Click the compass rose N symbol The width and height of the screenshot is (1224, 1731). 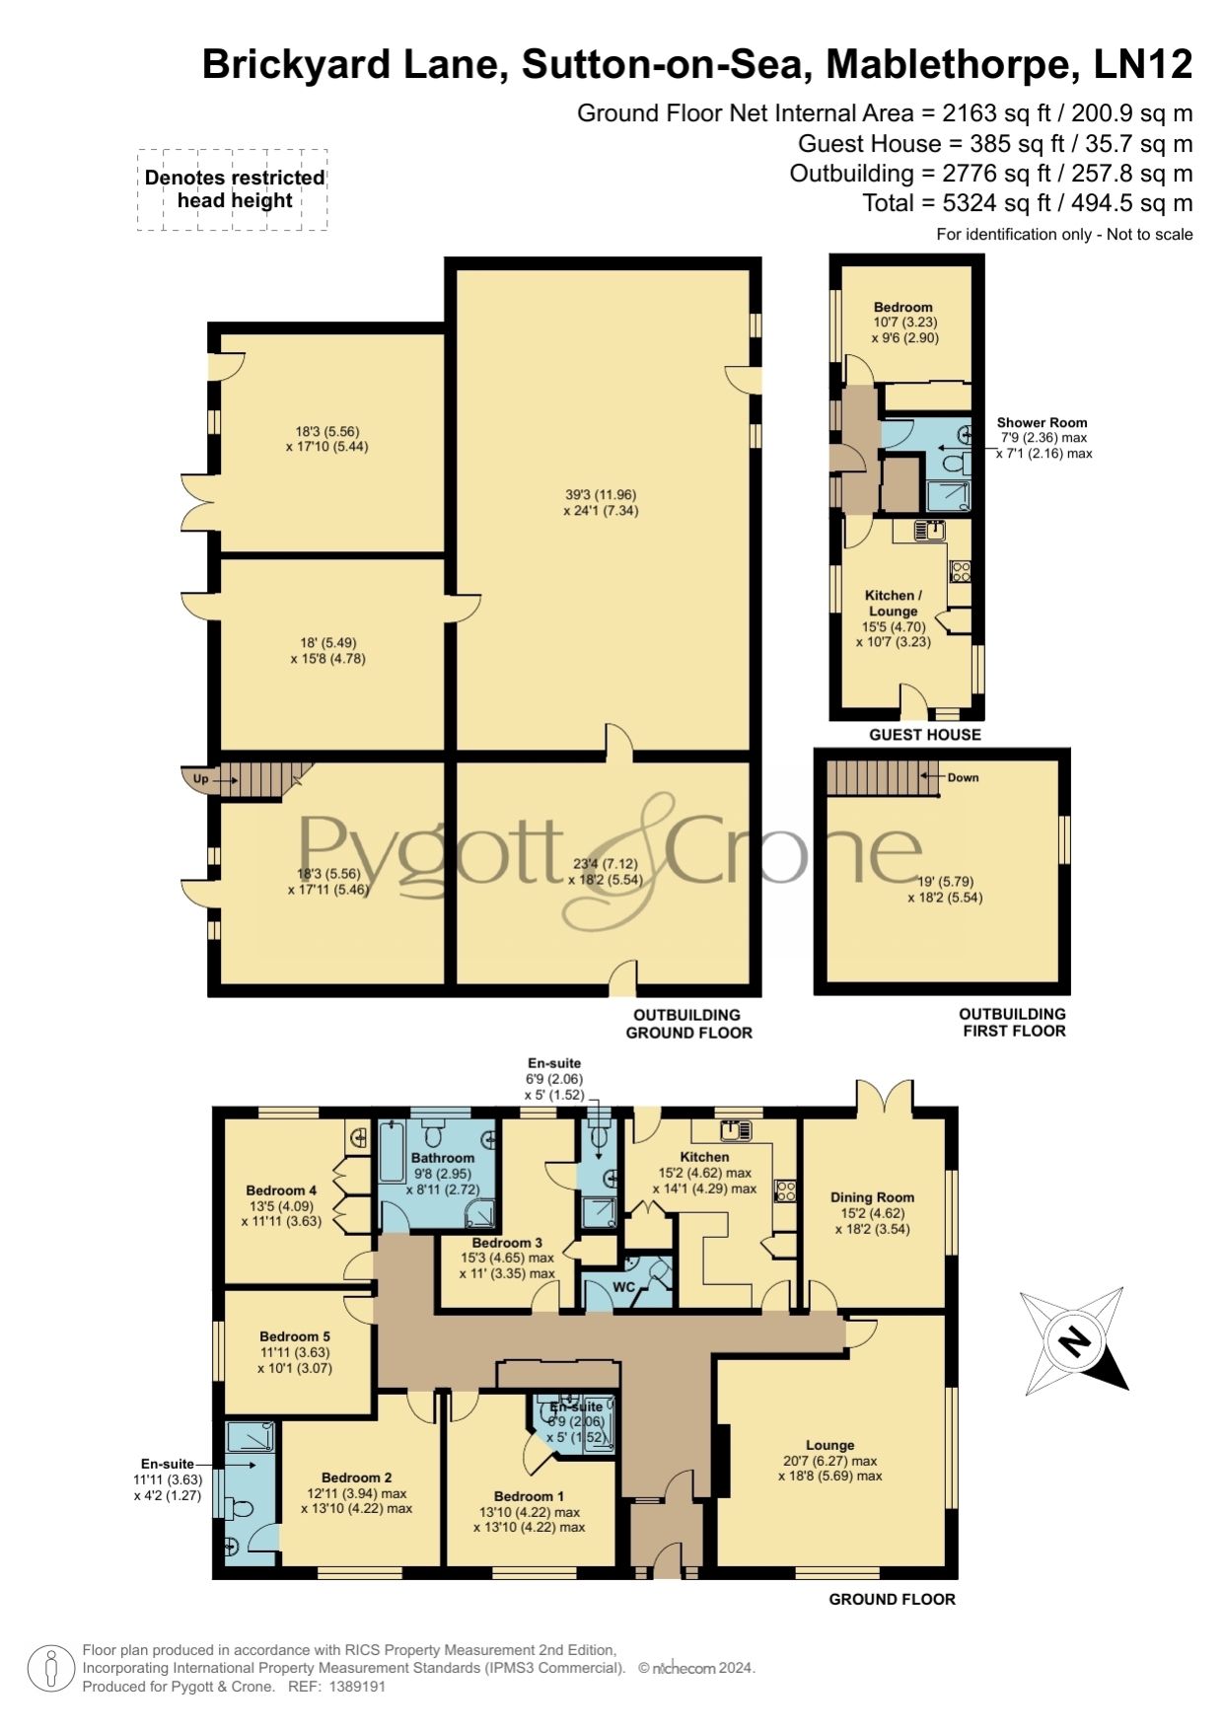tap(1074, 1341)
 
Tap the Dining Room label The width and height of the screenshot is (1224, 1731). tap(872, 1197)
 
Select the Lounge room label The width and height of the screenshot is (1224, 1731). tap(829, 1445)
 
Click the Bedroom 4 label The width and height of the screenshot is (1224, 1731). tap(281, 1190)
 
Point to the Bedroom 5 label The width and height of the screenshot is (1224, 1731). tap(295, 1336)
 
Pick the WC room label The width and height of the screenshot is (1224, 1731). tap(623, 1287)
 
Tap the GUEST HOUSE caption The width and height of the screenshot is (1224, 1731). tap(925, 735)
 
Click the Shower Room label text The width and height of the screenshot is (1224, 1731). tap(1042, 422)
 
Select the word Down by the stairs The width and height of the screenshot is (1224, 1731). tap(963, 777)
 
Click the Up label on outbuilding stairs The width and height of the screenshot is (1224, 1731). tap(200, 779)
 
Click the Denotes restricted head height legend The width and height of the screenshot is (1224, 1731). tap(235, 189)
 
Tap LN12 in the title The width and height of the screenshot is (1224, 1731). tap(1143, 64)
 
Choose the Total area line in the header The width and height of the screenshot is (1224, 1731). tap(1027, 203)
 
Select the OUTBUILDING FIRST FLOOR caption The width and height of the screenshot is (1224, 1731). tap(1013, 1023)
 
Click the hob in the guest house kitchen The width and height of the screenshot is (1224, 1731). tap(960, 571)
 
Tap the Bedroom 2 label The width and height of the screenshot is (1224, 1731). tap(357, 1478)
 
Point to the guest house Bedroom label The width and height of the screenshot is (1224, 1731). tap(903, 308)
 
